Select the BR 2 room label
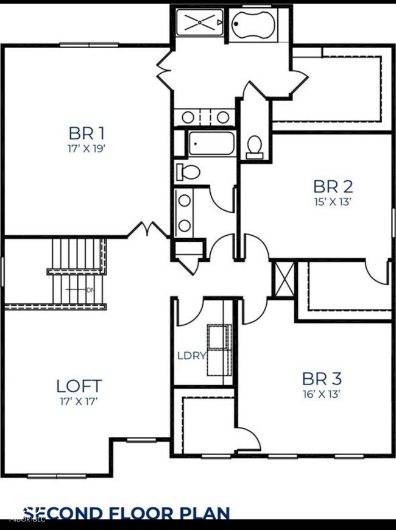(333, 186)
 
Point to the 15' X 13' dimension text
(333, 201)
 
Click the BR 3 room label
(319, 377)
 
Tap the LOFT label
(79, 386)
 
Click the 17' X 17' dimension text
(79, 401)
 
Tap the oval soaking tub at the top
(258, 24)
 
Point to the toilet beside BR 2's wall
(255, 146)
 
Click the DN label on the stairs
(91, 290)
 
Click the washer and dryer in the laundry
(218, 350)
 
